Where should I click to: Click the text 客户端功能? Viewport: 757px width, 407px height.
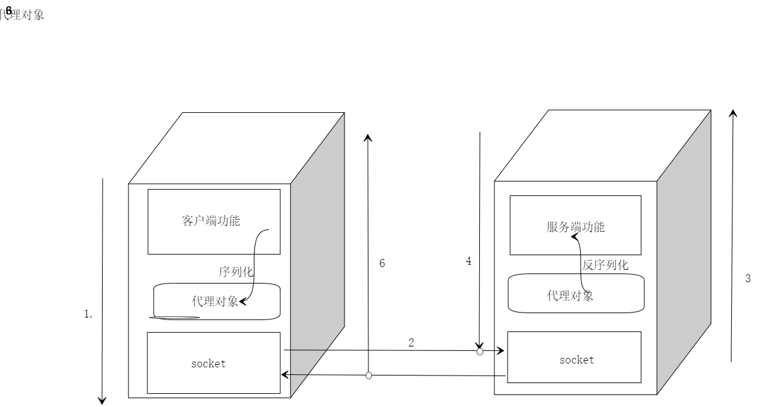tap(211, 221)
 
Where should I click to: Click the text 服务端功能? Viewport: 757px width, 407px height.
tap(575, 227)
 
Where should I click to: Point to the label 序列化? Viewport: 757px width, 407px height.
tap(236, 272)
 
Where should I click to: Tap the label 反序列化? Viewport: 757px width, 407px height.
tap(605, 265)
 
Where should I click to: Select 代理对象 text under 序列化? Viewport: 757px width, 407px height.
tap(214, 301)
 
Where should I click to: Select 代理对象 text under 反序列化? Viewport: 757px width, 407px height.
tap(569, 295)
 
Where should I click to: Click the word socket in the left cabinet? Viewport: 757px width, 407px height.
tap(208, 364)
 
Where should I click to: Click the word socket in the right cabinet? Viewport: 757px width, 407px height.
tap(576, 360)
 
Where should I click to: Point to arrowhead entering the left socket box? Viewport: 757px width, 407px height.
tap(285, 375)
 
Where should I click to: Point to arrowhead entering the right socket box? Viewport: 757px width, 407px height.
tap(500, 350)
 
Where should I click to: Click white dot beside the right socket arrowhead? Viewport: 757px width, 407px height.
tap(480, 352)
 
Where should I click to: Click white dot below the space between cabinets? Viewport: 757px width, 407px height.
tap(369, 375)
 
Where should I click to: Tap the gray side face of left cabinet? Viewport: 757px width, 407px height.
tap(317, 252)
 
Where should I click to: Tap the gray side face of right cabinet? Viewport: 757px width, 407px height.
tap(684, 252)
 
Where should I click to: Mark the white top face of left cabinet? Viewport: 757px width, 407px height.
tap(236, 149)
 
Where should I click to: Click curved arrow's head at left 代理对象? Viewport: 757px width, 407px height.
tap(242, 302)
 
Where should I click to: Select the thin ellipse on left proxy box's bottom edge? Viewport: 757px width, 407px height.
tap(177, 317)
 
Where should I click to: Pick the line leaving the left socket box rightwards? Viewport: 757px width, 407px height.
tap(305, 350)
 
